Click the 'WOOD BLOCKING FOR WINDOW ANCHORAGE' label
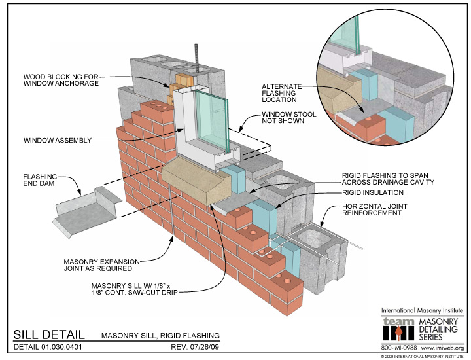pyautogui.click(x=61, y=80)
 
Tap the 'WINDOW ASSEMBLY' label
pyautogui.click(x=58, y=140)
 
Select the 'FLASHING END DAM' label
pyautogui.click(x=40, y=180)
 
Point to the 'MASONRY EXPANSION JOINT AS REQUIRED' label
pyautogui.click(x=102, y=265)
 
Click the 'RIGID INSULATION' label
pyautogui.click(x=373, y=192)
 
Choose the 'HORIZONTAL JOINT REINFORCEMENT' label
pyautogui.click(x=375, y=209)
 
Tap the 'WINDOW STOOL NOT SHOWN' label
pyautogui.click(x=289, y=118)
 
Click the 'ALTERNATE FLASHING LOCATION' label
pyautogui.click(x=281, y=93)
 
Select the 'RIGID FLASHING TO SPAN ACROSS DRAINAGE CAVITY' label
pyautogui.click(x=388, y=179)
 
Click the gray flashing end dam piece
pyautogui.click(x=87, y=210)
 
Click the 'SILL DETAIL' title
pyautogui.click(x=49, y=334)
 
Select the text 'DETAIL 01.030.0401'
pyautogui.click(x=48, y=347)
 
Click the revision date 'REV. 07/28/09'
pyautogui.click(x=195, y=347)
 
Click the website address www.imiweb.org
pyautogui.click(x=442, y=348)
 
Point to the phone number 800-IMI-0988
pyautogui.click(x=399, y=348)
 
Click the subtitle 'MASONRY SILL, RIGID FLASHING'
pyautogui.click(x=160, y=335)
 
